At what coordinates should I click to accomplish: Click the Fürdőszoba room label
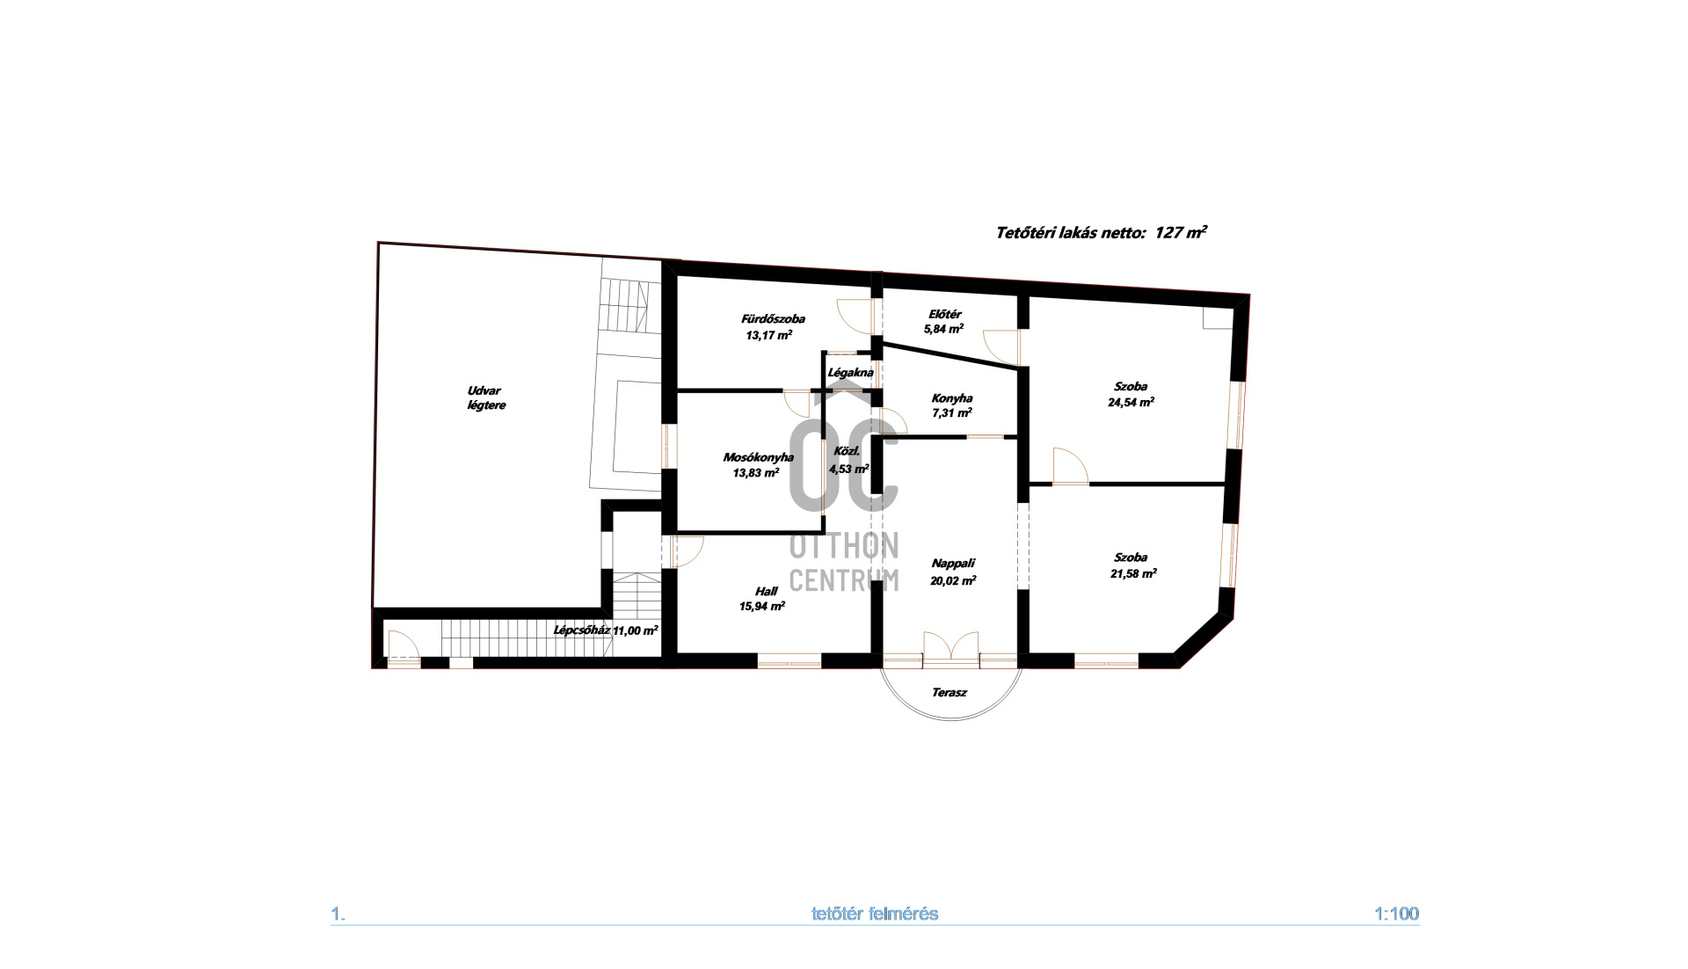point(772,319)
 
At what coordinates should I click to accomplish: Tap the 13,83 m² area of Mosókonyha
point(755,473)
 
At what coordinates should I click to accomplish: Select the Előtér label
point(944,314)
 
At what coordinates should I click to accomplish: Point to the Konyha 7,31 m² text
point(951,405)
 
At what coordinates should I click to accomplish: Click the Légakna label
point(850,373)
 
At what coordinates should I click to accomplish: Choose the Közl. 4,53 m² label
point(848,460)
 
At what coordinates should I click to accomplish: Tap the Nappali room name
point(953,564)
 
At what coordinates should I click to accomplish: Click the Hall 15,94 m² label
point(762,599)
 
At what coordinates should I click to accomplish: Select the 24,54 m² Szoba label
point(1131,394)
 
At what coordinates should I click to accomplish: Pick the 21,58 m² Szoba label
point(1132,565)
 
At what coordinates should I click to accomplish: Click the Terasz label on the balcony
point(949,693)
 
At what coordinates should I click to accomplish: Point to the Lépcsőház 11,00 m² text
point(605,630)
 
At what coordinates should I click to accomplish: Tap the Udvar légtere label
point(485,398)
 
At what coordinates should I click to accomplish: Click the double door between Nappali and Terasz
point(951,646)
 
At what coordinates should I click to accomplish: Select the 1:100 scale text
point(1395,914)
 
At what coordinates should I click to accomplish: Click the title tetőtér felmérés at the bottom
point(874,914)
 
